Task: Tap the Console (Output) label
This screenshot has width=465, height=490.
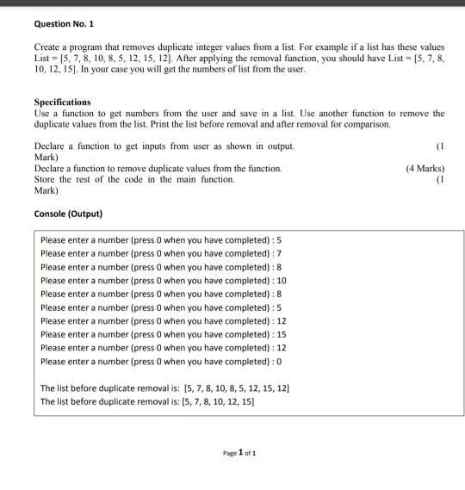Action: pyautogui.click(x=68, y=213)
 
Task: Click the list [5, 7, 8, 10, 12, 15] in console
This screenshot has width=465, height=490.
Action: pyautogui.click(x=219, y=401)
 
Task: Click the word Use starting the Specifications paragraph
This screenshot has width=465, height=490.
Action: pyautogui.click(x=41, y=114)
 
